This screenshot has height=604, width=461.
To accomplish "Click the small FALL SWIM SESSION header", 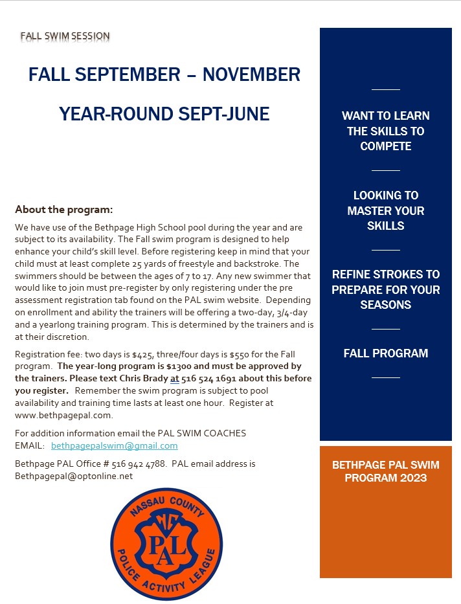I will pyautogui.click(x=65, y=36).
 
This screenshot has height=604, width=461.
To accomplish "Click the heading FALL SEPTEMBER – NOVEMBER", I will pyautogui.click(x=164, y=74).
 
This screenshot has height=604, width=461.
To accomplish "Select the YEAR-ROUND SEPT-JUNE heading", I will pyautogui.click(x=164, y=115).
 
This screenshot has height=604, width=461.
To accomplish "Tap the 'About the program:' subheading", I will pyautogui.click(x=63, y=210).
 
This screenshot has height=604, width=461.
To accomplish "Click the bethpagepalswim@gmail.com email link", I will pyautogui.click(x=114, y=446).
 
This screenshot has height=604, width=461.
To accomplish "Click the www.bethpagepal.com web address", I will pyautogui.click(x=63, y=415).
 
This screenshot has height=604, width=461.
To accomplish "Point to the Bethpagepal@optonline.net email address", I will pyautogui.click(x=73, y=476).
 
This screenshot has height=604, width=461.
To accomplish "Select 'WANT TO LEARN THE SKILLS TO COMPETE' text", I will pyautogui.click(x=385, y=131).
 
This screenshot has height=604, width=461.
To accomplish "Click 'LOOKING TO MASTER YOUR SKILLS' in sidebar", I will pyautogui.click(x=385, y=210).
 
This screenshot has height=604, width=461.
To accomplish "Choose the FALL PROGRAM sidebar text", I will pyautogui.click(x=385, y=353).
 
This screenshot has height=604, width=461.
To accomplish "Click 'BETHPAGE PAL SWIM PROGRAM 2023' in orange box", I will pyautogui.click(x=385, y=471).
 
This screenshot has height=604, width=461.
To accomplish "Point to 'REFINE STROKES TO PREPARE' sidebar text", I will pyautogui.click(x=385, y=289).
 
